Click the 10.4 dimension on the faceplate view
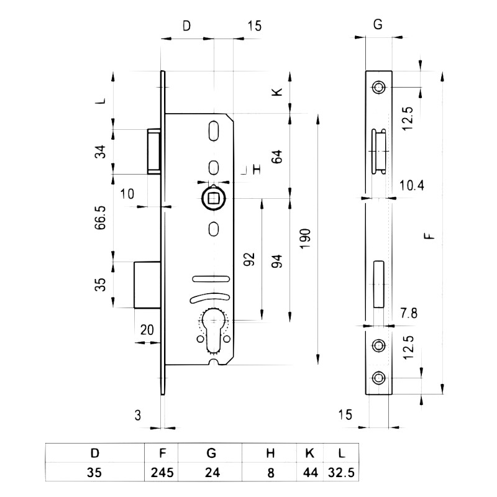pyautogui.click(x=411, y=185)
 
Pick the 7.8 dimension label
pyautogui.click(x=409, y=312)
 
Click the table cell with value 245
pyautogui.click(x=161, y=472)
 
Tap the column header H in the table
pyautogui.click(x=270, y=453)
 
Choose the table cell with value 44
pyautogui.click(x=310, y=472)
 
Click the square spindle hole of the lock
pyautogui.click(x=213, y=198)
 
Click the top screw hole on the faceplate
pyautogui.click(x=378, y=86)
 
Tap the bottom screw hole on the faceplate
pyautogui.click(x=378, y=376)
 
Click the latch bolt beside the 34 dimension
pyautogui.click(x=155, y=151)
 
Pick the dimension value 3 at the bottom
pyautogui.click(x=137, y=414)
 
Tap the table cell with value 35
pyautogui.click(x=94, y=472)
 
